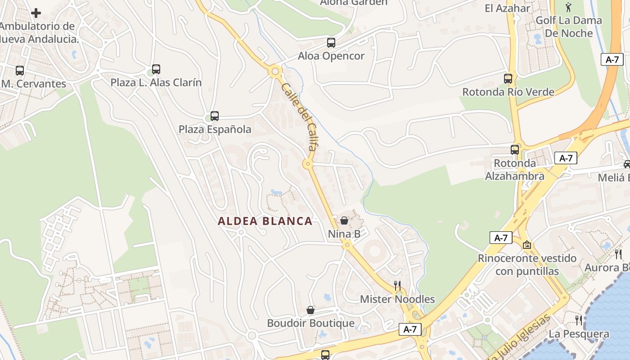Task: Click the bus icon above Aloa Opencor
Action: pos(331,43)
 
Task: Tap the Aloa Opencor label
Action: pos(331,56)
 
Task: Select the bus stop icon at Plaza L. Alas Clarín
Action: pos(156,69)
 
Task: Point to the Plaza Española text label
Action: pos(215,130)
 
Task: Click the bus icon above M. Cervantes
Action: pos(20,71)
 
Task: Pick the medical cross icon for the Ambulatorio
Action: pos(36,13)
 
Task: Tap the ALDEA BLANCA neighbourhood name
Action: pos(265,221)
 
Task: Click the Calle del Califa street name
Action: pos(299,116)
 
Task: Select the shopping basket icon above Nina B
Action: pos(344,220)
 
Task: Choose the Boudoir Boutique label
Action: pos(310,324)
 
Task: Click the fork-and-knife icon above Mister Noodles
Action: pos(397,286)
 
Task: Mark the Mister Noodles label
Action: pos(397,299)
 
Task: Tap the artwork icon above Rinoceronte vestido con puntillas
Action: pos(527,245)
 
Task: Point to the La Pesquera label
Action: pos(579,334)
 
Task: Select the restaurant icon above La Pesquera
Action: pos(579,320)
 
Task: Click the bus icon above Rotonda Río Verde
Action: pos(508,79)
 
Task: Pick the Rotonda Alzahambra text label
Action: pos(515,170)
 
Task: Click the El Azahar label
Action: pos(508,8)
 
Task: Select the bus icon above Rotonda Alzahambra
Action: pos(515,150)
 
